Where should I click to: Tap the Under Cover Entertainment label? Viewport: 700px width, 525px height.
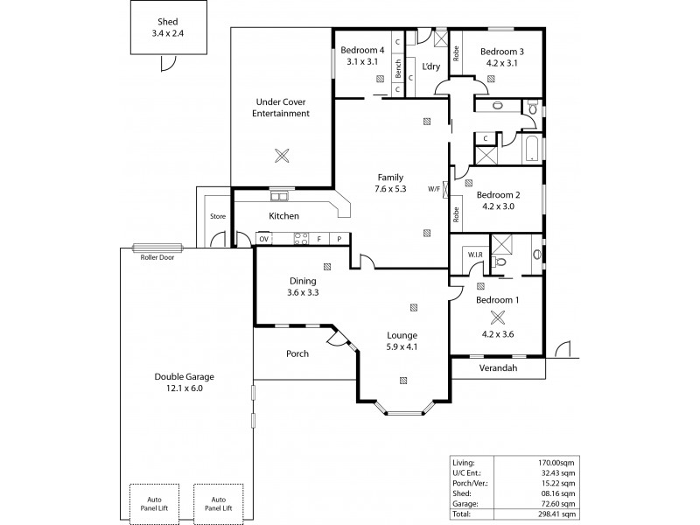coord(281,108)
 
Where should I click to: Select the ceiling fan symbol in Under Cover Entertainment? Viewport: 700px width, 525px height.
coord(281,157)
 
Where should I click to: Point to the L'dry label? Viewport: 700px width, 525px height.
coord(430,66)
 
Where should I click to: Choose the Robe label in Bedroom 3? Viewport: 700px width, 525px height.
coord(456,52)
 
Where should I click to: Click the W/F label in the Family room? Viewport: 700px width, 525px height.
coord(434,188)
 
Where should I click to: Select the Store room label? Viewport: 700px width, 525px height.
coord(218,216)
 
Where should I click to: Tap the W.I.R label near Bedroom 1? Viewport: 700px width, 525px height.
coord(475,255)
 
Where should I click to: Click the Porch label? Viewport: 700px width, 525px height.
coord(297,354)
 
